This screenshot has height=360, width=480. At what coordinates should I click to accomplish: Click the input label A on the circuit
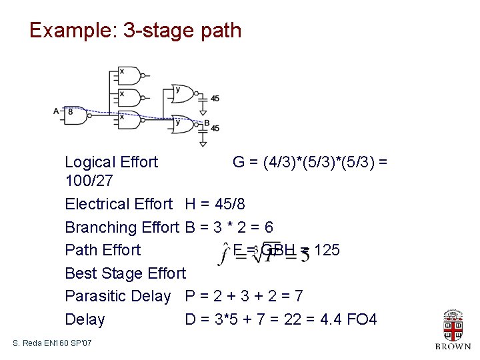click(56, 111)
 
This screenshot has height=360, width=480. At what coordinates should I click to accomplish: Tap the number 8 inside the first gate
click(71, 112)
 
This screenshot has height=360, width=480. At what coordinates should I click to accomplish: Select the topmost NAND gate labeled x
click(130, 75)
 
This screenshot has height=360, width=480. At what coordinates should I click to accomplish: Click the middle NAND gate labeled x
click(130, 98)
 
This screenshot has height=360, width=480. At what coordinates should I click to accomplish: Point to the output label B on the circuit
click(207, 123)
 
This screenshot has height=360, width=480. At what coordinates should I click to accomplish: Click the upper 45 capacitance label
click(215, 99)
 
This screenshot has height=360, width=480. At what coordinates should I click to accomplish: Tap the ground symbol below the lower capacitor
click(203, 143)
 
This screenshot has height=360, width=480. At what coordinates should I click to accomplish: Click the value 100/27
click(89, 181)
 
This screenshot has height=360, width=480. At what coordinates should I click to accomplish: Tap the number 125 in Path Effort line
click(327, 250)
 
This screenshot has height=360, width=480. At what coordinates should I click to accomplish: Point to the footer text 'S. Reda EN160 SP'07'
click(53, 343)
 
